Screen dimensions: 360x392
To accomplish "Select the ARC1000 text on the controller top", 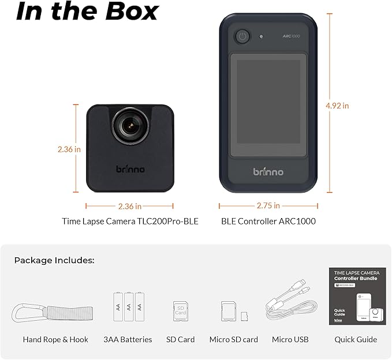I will pyautogui.click(x=291, y=36).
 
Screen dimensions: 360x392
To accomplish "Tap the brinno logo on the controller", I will pyautogui.click(x=268, y=171).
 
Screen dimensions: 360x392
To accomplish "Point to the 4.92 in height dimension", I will pyautogui.click(x=337, y=106).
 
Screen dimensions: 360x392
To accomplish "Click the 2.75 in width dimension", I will pyautogui.click(x=268, y=205).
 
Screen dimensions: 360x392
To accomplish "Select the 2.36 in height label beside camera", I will pyautogui.click(x=69, y=149).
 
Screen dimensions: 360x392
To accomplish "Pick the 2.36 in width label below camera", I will pyautogui.click(x=129, y=205).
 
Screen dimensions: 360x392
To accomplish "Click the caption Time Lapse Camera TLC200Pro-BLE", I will pyautogui.click(x=130, y=221).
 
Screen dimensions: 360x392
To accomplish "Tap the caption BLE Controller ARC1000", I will pyautogui.click(x=268, y=221).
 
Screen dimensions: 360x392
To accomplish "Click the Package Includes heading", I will pyautogui.click(x=54, y=260).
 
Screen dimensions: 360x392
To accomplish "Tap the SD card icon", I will pyautogui.click(x=181, y=312).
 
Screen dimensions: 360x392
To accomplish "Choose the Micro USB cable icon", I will pyautogui.click(x=290, y=307).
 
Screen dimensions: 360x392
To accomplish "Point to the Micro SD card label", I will pyautogui.click(x=233, y=339).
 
